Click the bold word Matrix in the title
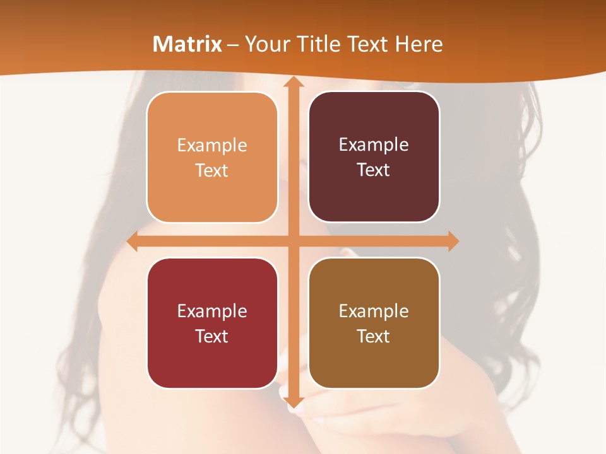click(187, 44)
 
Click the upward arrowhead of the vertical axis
click(293, 81)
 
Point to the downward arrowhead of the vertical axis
click(293, 402)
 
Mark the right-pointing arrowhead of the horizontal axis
click(453, 242)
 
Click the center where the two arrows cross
click(293, 242)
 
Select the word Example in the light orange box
click(212, 146)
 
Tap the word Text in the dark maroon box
click(374, 170)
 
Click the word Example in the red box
click(212, 311)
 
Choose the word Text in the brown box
click(374, 336)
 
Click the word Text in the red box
click(212, 336)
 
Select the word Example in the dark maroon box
click(374, 145)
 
